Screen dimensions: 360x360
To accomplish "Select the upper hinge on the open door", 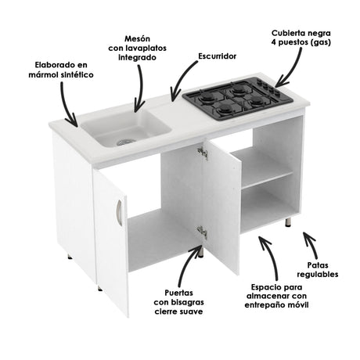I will (203, 153).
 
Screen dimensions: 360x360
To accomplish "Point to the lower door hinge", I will (202, 232).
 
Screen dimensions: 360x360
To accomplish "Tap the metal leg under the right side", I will (289, 223).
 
